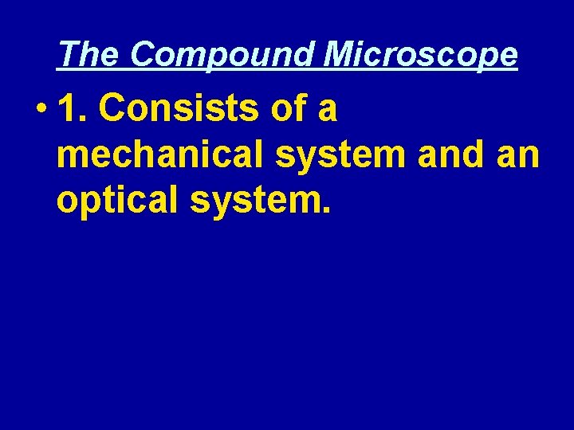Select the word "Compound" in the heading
point(222,54)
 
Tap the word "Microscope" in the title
point(421,54)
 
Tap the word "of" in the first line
point(289,110)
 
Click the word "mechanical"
point(160,156)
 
